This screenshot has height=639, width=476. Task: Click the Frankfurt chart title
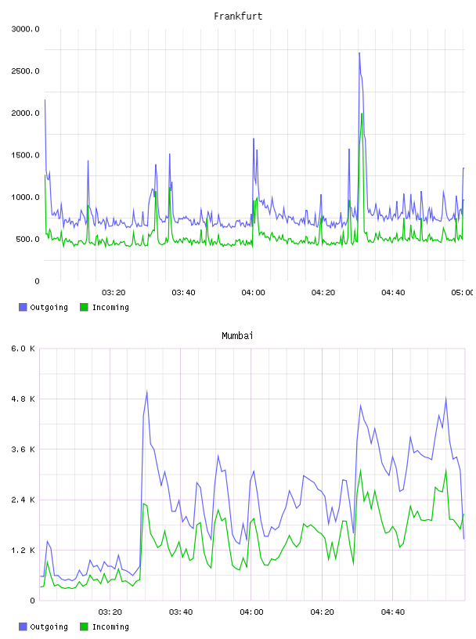(x=238, y=16)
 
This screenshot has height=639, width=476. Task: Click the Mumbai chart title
(x=237, y=335)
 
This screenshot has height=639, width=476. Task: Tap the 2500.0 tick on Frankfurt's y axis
(x=25, y=71)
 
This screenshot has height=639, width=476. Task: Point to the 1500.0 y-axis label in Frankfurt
(x=25, y=155)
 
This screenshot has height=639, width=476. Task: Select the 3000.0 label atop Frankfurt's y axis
(x=25, y=29)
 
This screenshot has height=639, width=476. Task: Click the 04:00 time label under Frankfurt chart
(x=253, y=292)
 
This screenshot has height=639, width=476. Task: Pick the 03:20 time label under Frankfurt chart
(x=114, y=292)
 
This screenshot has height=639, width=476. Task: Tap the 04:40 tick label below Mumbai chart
(x=393, y=612)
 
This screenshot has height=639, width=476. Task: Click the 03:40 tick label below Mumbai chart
(x=181, y=612)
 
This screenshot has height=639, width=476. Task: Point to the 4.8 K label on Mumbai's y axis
(x=23, y=399)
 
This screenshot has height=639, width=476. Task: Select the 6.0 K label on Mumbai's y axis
(x=23, y=348)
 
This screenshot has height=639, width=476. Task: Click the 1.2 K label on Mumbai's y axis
(x=23, y=551)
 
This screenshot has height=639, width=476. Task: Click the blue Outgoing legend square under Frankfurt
(x=23, y=307)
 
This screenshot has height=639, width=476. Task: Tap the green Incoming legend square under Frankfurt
(x=84, y=307)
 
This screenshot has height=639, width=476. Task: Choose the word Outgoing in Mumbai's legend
(x=49, y=626)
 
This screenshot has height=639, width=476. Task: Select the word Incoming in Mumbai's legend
(x=110, y=626)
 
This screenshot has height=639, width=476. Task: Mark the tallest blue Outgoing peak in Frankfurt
(x=359, y=53)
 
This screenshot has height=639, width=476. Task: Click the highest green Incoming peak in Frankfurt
(x=362, y=114)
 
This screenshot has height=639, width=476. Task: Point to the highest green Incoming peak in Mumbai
(x=445, y=470)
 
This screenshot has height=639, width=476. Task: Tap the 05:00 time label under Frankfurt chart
(x=462, y=292)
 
